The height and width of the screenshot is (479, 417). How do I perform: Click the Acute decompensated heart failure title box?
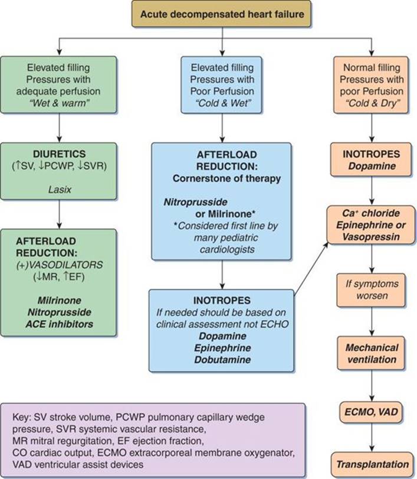[222, 14]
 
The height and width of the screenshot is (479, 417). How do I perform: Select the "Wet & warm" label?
[59, 103]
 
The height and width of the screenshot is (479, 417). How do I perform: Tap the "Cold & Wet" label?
[222, 103]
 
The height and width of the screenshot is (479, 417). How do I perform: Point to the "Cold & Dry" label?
[372, 103]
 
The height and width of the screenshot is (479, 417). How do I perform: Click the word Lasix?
[60, 190]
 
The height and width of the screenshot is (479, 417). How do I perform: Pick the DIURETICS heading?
[59, 154]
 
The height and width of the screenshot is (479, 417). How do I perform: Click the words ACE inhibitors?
[59, 324]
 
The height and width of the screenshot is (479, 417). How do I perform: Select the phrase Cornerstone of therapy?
[226, 178]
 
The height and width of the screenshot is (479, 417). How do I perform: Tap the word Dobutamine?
[222, 359]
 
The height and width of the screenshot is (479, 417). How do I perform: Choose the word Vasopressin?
[371, 236]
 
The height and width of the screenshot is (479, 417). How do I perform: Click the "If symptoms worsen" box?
[371, 290]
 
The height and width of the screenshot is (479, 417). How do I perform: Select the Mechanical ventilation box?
[371, 353]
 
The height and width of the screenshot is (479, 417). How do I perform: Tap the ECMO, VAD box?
[371, 412]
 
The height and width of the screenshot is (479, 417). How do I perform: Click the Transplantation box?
[372, 464]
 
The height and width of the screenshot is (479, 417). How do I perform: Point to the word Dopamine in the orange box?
[372, 166]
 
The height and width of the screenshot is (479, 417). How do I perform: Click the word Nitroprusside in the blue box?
[196, 202]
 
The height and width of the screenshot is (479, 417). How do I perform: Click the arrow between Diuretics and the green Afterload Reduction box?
[59, 214]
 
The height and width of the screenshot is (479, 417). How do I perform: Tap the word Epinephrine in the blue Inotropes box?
[222, 348]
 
